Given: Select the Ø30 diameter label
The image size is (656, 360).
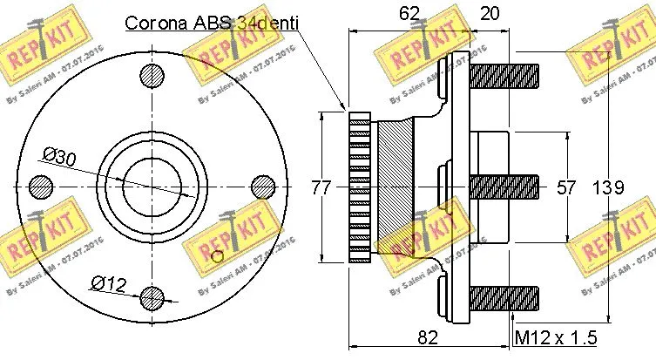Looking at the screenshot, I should point(59,157).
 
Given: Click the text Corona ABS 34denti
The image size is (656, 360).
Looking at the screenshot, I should point(211,22).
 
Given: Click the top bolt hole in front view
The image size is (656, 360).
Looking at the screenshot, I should point(152,76).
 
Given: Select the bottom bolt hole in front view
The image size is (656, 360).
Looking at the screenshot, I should point(152,297).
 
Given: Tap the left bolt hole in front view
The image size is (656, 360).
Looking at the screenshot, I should point(41,187).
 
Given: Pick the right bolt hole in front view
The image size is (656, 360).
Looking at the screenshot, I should point(262,187).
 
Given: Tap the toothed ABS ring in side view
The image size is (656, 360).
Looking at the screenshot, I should point(360,187).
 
